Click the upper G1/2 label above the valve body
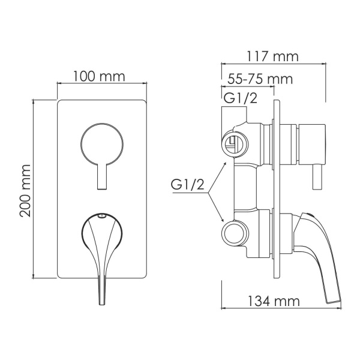(x=241, y=98)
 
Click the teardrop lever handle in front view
(x=101, y=240)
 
